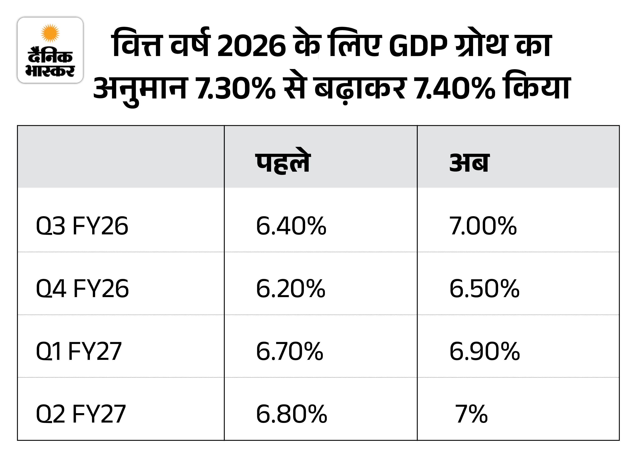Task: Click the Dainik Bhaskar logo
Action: point(50,50)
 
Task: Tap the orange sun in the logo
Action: point(50,33)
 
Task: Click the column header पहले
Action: point(283,163)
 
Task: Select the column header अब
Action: point(469,163)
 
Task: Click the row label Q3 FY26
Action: point(82,226)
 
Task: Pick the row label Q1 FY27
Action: point(79,351)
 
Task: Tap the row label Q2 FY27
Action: point(81,414)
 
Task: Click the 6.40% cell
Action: point(291,226)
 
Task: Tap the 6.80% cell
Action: point(292,414)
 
